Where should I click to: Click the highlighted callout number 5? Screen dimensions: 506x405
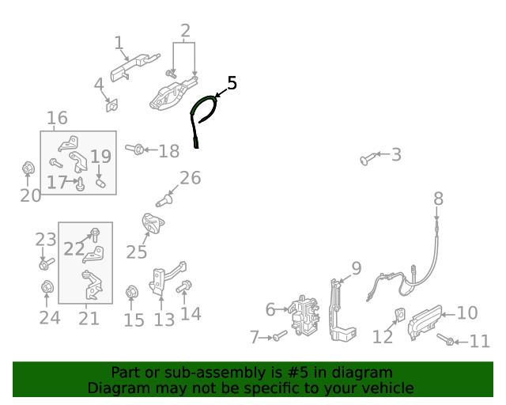[232, 83]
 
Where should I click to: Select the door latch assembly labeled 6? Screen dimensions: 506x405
[304, 316]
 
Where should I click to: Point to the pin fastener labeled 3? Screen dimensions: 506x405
[368, 159]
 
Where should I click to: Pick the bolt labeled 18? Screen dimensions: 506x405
[134, 150]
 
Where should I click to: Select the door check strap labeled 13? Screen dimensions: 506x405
[167, 278]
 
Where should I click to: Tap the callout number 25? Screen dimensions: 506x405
[136, 252]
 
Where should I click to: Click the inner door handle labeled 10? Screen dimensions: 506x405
[425, 322]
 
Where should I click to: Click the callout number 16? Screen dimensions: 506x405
[57, 118]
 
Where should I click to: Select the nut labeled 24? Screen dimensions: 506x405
[47, 287]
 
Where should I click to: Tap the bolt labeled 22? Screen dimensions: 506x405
[95, 235]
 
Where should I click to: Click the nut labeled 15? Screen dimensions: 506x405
[132, 293]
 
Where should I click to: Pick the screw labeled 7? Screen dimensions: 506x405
[280, 335]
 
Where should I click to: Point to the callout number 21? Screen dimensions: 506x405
[89, 319]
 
